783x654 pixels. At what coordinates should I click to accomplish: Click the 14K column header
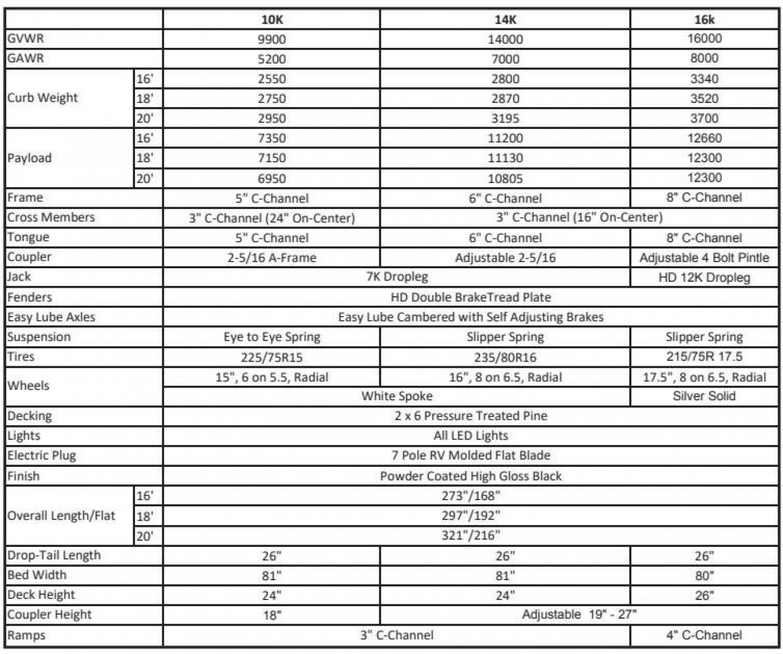[x=505, y=19]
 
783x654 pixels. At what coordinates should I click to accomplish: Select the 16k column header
[x=704, y=19]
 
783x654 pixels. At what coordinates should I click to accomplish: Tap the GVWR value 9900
[x=272, y=39]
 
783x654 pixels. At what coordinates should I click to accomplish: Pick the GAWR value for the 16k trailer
[x=704, y=59]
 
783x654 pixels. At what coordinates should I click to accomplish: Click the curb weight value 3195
[x=505, y=118]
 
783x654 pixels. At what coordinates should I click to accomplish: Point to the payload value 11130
[x=505, y=158]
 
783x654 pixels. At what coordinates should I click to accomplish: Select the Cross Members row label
[x=51, y=217]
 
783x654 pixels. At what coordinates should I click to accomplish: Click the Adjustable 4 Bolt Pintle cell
[x=704, y=258]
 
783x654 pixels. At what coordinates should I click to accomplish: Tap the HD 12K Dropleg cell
[x=704, y=278]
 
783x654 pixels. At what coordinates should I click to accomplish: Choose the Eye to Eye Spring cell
[x=272, y=337]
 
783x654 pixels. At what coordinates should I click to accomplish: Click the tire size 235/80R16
[x=505, y=357]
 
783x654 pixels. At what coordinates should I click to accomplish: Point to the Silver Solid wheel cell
[x=704, y=396]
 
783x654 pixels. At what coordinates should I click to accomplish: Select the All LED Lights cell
[x=471, y=436]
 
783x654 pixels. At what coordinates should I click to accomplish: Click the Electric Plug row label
[x=42, y=456]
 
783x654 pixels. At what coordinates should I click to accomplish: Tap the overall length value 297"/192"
[x=471, y=516]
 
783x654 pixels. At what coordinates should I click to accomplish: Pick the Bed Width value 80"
[x=704, y=575]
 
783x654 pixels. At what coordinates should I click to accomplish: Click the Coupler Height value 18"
[x=272, y=615]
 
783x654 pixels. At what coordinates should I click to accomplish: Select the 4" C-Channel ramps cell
[x=704, y=635]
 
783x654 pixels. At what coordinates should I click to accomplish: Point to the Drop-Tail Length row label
[x=54, y=555]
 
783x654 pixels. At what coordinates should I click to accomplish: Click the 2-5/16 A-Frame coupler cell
[x=272, y=258]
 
